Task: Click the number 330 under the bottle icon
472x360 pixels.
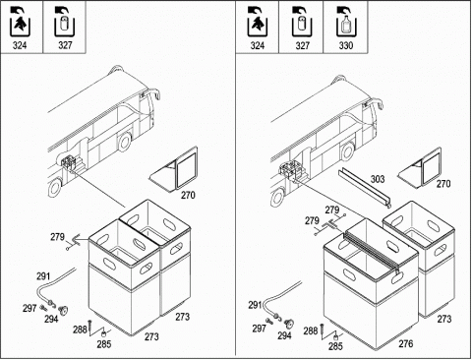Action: tap(345, 45)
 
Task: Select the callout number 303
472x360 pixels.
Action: tap(378, 179)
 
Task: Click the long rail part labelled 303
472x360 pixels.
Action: tap(365, 188)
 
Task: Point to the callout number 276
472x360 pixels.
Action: tap(406, 343)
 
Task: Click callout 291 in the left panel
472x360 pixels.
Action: tap(43, 276)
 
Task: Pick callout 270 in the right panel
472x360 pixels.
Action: tap(443, 184)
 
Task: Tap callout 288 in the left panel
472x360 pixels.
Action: tap(80, 330)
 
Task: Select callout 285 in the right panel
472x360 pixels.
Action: tap(335, 346)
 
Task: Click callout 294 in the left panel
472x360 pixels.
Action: tap(51, 319)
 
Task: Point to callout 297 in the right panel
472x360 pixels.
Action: tap(259, 329)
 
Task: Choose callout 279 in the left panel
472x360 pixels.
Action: tap(57, 237)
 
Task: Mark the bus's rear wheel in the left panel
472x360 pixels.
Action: tap(55, 188)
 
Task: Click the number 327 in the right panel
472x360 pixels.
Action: tap(302, 45)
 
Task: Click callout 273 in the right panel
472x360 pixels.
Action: tap(444, 319)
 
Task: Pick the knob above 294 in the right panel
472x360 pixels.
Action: tap(289, 324)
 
